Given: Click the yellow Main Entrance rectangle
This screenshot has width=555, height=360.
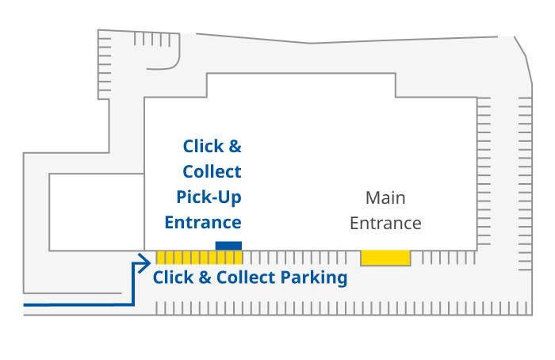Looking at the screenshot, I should tap(385, 258).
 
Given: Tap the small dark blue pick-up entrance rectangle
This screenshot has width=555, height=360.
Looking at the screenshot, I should tap(228, 245).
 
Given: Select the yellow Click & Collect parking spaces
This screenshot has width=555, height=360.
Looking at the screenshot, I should tap(199, 258).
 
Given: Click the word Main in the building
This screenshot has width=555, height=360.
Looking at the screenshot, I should tap(385, 197).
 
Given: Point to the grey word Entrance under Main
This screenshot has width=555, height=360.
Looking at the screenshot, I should tap(385, 223).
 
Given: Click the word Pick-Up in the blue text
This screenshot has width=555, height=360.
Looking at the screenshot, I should tap(209, 197).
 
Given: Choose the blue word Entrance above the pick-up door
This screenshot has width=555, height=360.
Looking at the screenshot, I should tap(203, 222).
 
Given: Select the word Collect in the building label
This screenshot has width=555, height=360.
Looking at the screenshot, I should tap(212, 171).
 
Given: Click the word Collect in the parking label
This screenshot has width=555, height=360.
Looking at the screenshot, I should tap(241, 278).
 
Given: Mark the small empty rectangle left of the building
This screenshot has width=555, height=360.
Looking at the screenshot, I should tap(95, 212).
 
